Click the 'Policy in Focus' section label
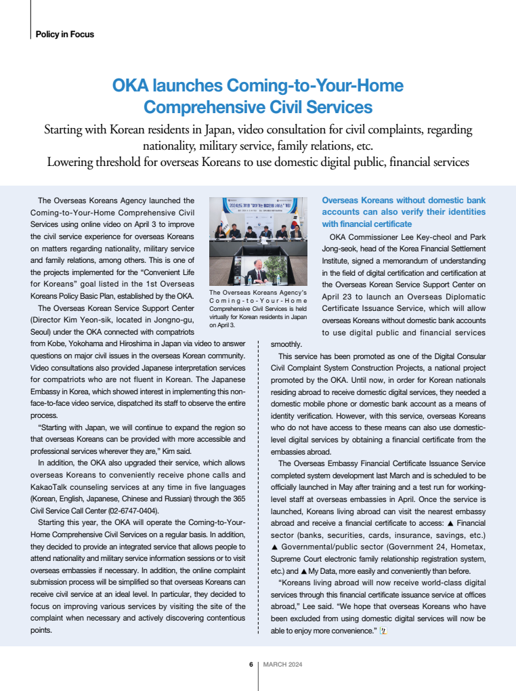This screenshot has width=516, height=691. pyautogui.click(x=64, y=34)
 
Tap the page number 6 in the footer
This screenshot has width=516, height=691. pyautogui.click(x=251, y=665)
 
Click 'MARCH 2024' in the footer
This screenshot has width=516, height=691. pyautogui.click(x=282, y=665)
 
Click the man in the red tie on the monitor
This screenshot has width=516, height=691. pyautogui.click(x=261, y=276)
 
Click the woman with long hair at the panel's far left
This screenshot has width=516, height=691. pyautogui.click(x=219, y=230)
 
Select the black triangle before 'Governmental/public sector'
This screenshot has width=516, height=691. pyautogui.click(x=274, y=547)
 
